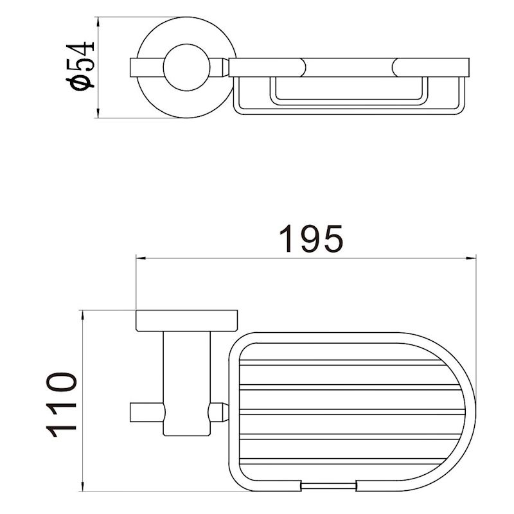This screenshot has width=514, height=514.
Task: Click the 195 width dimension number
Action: [x=311, y=239]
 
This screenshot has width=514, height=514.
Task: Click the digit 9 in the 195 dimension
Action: [x=311, y=239]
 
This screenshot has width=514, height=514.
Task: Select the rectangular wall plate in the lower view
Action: [x=186, y=321]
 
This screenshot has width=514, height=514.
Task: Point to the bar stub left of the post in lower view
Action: [x=147, y=411]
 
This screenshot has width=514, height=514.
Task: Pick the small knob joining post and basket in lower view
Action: [x=220, y=411]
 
